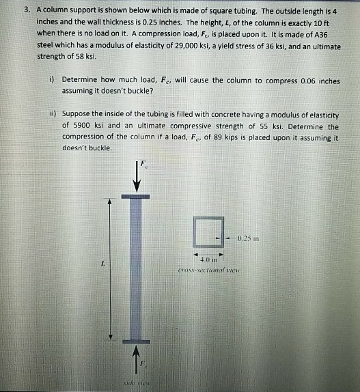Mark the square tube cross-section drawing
(x=208, y=234)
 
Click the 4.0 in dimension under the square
(x=208, y=260)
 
